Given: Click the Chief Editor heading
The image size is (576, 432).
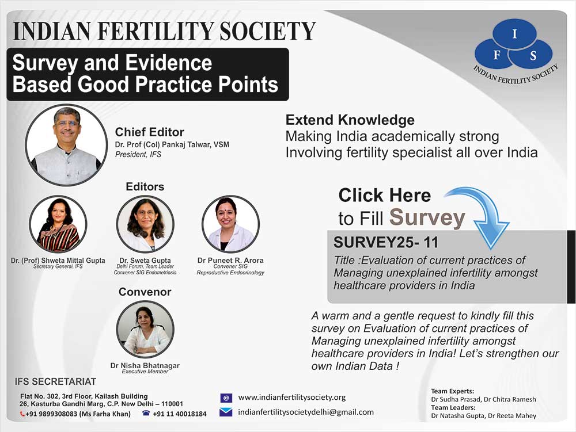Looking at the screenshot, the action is [x=150, y=132].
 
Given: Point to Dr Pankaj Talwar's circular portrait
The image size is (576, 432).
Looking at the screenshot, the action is [x=66, y=145].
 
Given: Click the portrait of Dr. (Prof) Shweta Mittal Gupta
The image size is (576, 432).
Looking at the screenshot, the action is [x=58, y=224].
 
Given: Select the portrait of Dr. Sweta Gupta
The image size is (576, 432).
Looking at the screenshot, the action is [x=145, y=224].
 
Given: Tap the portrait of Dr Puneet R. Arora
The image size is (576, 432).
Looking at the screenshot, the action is [x=231, y=224].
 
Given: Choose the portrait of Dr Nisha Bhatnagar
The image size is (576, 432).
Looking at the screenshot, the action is [x=145, y=329].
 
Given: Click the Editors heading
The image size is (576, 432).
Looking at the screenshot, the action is [x=145, y=186].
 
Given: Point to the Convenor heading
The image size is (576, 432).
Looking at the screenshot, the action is [x=145, y=292].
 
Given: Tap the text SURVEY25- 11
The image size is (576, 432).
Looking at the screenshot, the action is [x=386, y=242].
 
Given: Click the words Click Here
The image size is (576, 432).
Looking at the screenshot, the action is [x=385, y=195].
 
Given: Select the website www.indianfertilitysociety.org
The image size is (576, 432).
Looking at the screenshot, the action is [x=291, y=397].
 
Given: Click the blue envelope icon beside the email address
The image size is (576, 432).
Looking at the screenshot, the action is [x=226, y=412].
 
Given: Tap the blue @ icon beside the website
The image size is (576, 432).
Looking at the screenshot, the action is [x=226, y=398].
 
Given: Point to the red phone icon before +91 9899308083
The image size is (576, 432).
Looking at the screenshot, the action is [x=22, y=414].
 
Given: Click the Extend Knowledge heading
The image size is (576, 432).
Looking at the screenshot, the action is [x=350, y=120].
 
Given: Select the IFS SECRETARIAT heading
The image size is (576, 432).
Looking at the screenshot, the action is [x=55, y=382].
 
